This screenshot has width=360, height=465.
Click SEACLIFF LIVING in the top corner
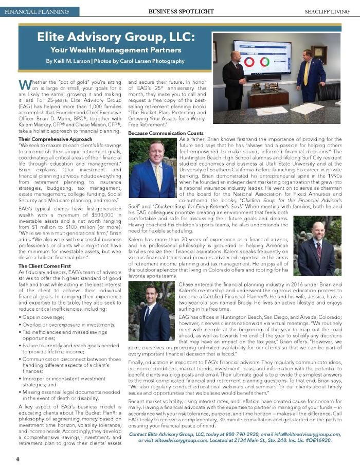point(328,11)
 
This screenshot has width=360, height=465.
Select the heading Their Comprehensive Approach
point(55,139)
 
